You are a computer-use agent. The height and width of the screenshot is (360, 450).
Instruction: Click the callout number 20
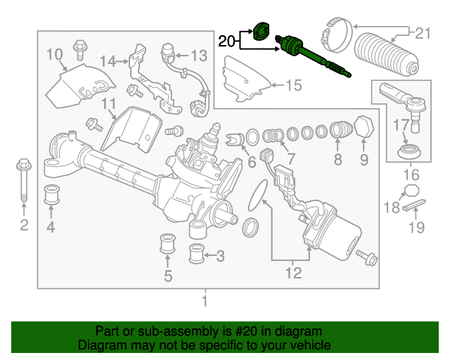point(226,41)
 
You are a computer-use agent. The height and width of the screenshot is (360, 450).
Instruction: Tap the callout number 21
point(423,34)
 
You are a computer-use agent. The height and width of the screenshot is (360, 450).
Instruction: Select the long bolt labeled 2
point(24,180)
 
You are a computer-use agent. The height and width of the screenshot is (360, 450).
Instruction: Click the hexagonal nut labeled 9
point(364,127)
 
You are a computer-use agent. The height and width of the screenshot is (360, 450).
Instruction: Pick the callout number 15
point(294,85)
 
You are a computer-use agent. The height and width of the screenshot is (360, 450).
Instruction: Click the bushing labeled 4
point(51,195)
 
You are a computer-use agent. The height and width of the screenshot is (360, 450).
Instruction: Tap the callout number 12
point(294,273)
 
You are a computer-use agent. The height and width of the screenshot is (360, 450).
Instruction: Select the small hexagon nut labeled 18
point(411,191)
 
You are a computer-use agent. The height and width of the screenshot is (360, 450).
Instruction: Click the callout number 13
point(199,56)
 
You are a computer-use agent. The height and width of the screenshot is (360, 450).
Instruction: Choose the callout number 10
point(55,54)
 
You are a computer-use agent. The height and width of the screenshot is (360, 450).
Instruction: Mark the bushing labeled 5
point(167,244)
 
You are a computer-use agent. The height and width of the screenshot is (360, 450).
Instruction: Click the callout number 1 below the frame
point(205,301)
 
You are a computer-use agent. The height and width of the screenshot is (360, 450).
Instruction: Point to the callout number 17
point(401,125)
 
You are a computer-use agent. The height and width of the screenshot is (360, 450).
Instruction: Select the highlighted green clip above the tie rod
point(261,31)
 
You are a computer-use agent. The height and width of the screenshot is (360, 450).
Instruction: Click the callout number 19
point(416,228)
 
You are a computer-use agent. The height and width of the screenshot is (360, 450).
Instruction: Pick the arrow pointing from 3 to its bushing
point(210,255)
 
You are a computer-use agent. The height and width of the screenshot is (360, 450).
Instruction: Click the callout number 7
point(290,158)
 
